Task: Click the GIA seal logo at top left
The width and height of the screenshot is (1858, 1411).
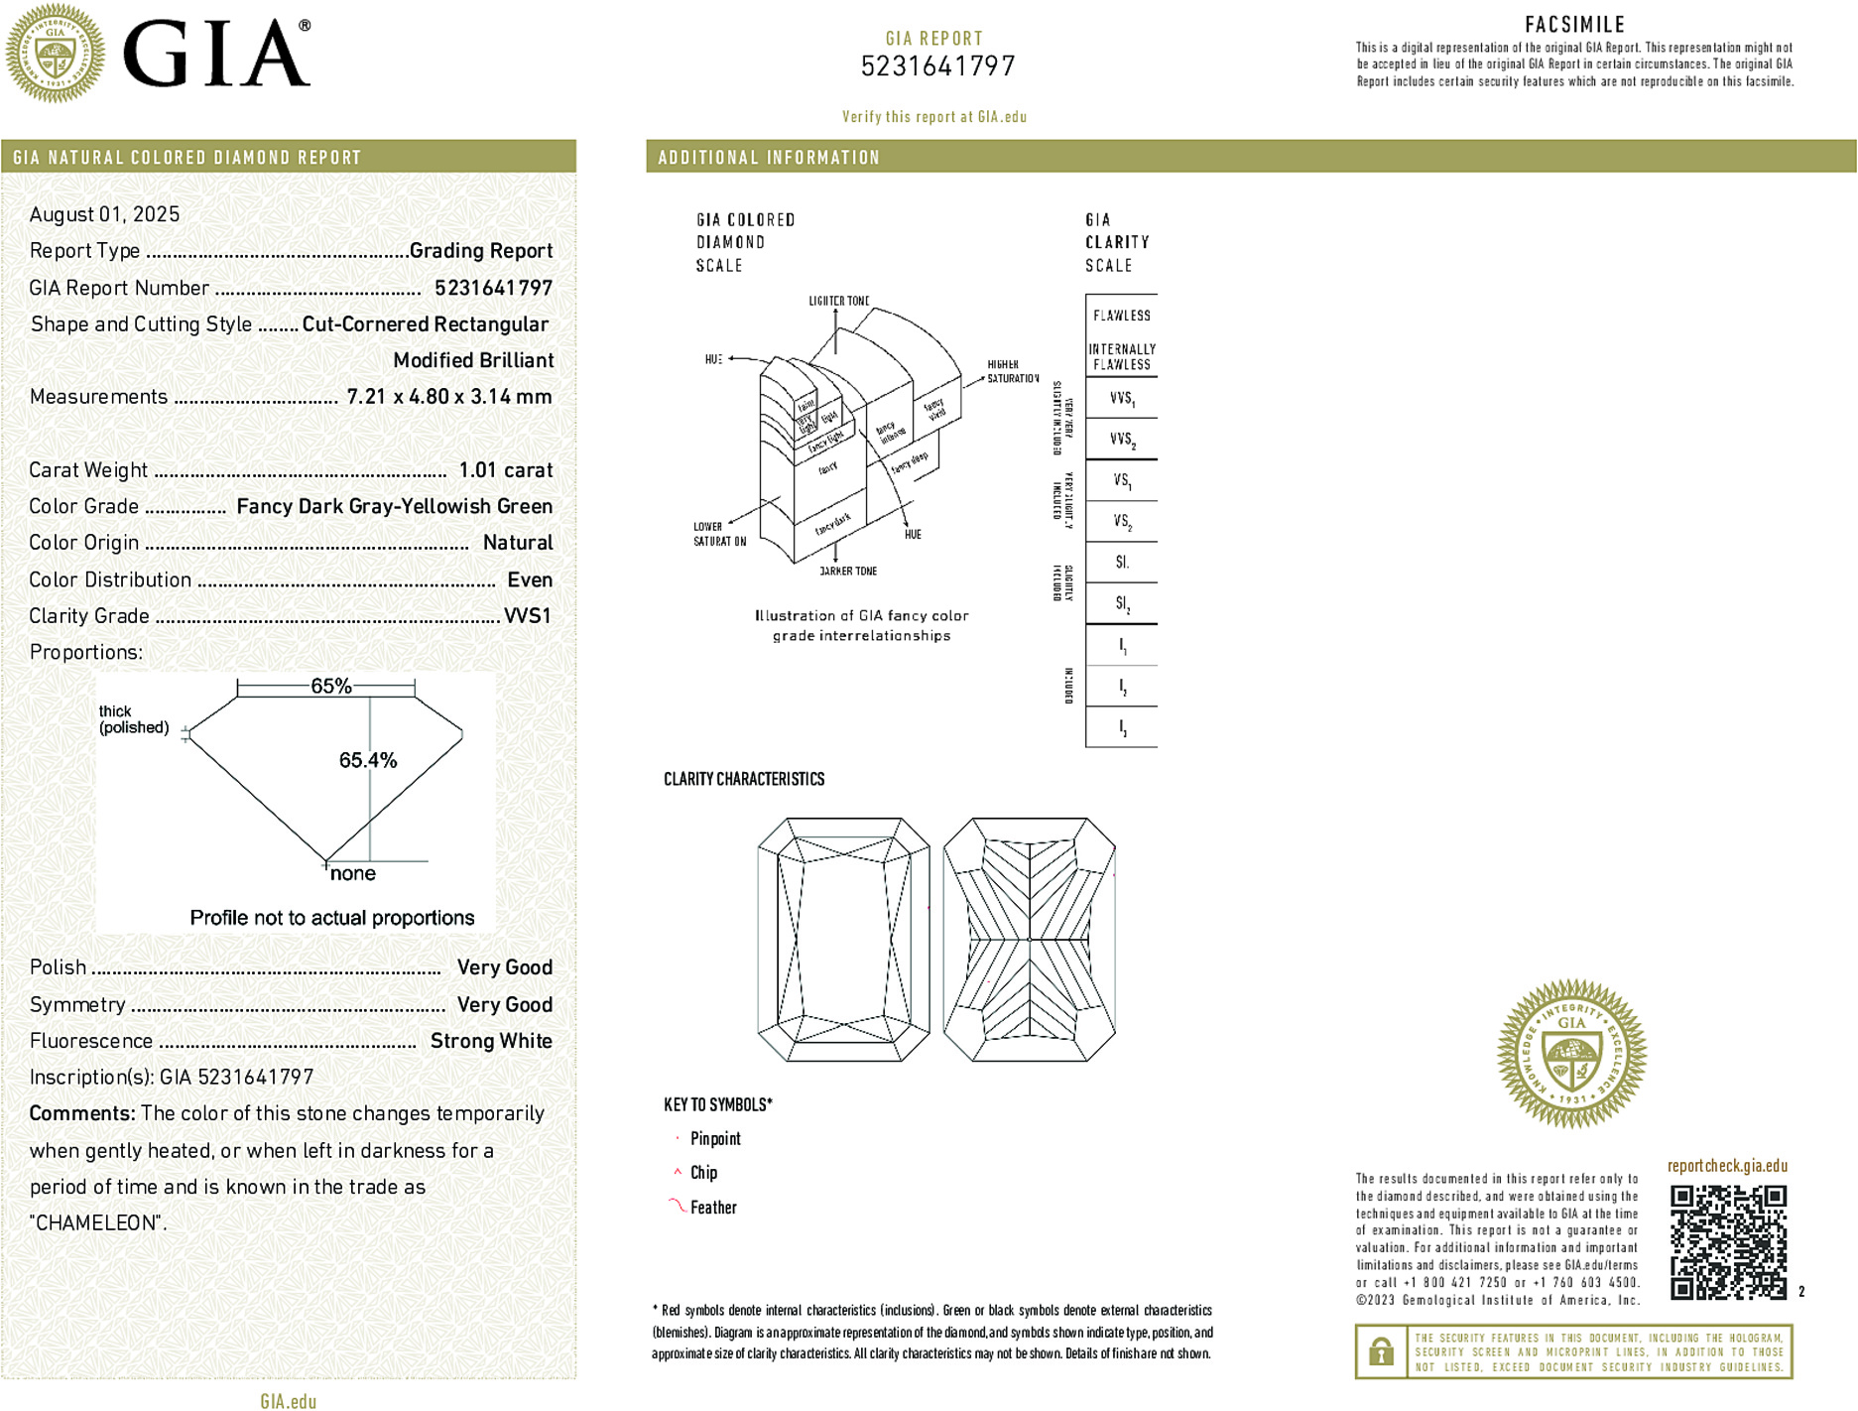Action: pos(55,53)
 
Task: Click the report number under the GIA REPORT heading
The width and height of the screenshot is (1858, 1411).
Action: pos(937,66)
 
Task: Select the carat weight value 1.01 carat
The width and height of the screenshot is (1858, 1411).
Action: pos(505,470)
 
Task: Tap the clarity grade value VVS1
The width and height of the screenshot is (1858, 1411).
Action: pos(527,616)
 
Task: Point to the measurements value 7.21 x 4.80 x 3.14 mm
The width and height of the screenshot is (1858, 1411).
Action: pos(448,397)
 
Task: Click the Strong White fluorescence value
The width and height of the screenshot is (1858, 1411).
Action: pos(491,1041)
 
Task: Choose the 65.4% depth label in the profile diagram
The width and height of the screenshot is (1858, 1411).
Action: pos(367,760)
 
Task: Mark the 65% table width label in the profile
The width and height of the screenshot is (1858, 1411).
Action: pos(330,686)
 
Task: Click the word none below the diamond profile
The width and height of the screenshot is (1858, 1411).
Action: pos(352,873)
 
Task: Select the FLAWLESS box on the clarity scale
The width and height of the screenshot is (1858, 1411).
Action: pos(1121,316)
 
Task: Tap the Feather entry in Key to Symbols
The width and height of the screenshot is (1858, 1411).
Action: pos(713,1208)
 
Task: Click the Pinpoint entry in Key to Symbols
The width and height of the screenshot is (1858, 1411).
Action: pos(715,1139)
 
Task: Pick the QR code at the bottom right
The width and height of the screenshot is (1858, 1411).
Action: pos(1727,1241)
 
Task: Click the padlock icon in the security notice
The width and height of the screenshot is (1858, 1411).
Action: pos(1380,1351)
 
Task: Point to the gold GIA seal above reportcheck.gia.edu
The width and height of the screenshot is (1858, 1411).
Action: pos(1571,1053)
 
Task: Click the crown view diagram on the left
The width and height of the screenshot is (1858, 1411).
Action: pos(843,940)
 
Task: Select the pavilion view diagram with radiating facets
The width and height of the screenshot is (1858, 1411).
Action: pos(1030,940)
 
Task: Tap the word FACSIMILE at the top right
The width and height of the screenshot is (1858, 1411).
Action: pos(1574,25)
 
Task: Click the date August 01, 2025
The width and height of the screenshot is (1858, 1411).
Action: pos(104,214)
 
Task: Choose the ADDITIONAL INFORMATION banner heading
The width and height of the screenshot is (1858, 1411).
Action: pos(769,158)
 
